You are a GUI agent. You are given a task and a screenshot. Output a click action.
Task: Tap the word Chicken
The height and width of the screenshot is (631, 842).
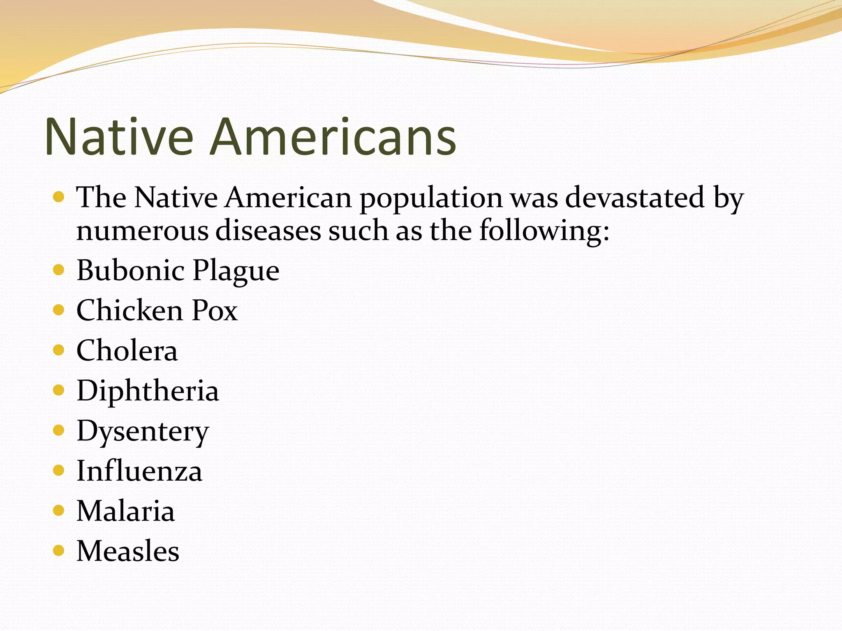point(130,310)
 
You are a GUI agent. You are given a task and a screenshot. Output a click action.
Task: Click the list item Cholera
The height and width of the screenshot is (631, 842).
point(127,350)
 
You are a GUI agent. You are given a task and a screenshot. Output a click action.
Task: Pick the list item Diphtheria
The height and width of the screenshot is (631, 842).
point(148,391)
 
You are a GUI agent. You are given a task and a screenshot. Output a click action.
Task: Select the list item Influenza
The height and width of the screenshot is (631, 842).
point(139,471)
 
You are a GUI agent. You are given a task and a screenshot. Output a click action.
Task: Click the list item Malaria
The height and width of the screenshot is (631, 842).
point(126,511)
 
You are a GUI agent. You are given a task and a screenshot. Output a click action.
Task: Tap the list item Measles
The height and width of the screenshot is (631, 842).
point(128,551)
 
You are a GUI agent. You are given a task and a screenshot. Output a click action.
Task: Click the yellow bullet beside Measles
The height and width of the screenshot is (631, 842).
point(59,550)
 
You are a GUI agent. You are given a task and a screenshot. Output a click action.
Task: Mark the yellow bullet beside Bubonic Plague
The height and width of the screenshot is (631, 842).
point(59,270)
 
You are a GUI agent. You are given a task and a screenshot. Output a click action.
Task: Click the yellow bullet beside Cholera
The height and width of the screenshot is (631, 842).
point(59,350)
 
